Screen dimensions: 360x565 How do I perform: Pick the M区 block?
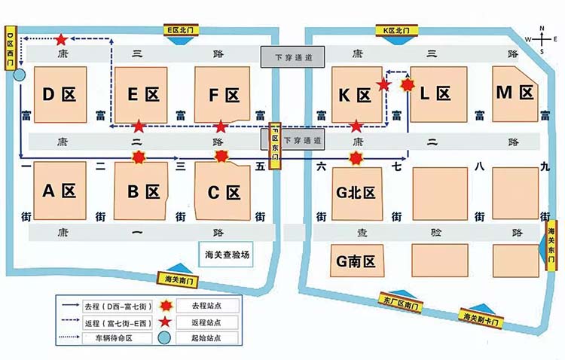click(515, 93)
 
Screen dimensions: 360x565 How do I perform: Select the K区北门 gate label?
click(396, 31)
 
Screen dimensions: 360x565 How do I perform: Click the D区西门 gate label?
click(11, 50)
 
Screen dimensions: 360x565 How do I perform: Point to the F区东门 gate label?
click(276, 145)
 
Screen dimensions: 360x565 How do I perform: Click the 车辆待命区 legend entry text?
click(123, 339)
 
